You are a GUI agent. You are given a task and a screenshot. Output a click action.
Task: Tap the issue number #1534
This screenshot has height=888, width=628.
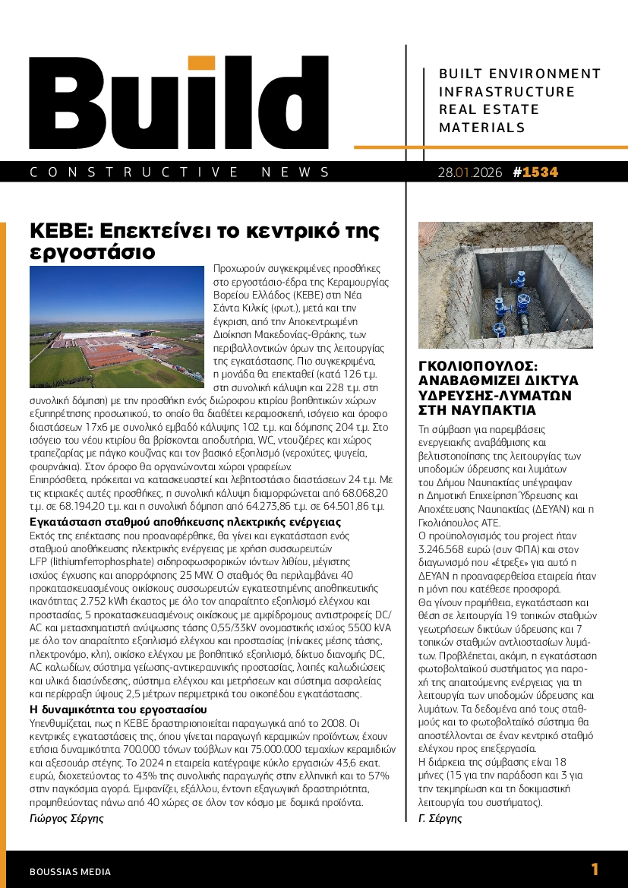tap(535, 172)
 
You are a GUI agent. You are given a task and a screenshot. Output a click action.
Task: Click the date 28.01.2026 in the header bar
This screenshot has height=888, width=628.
tap(470, 172)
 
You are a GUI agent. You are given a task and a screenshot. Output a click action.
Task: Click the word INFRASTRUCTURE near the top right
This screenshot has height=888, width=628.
tap(507, 92)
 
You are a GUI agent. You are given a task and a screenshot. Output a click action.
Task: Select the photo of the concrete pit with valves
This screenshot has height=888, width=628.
tap(507, 285)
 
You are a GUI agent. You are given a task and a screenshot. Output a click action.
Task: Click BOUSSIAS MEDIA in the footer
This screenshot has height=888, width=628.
tap(70, 872)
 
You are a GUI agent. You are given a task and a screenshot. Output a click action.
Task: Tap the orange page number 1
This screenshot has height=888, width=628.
tap(595, 870)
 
